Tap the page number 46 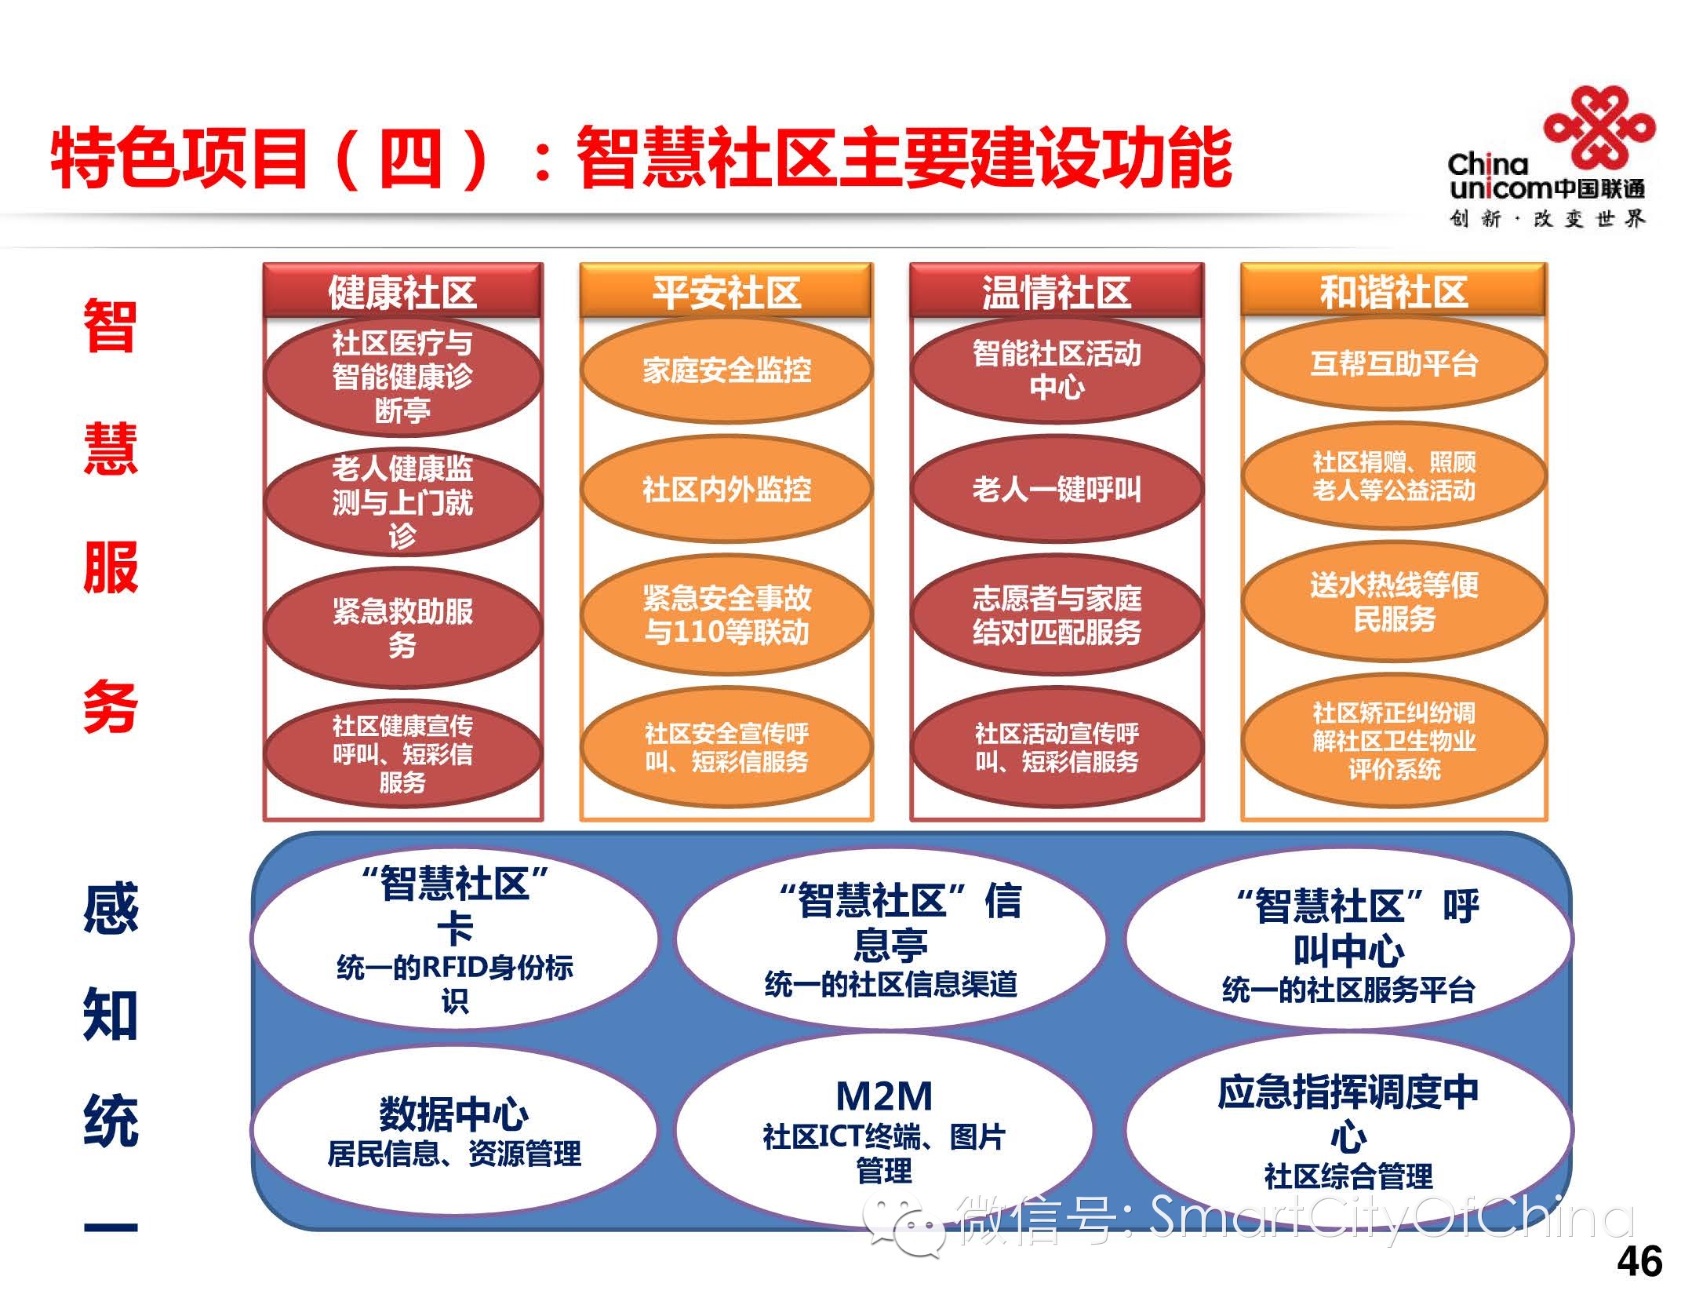pyautogui.click(x=1639, y=1262)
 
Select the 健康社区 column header pyautogui.click(x=402, y=292)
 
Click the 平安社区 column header pyautogui.click(x=726, y=292)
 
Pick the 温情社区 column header pyautogui.click(x=1056, y=292)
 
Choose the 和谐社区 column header pyautogui.click(x=1393, y=292)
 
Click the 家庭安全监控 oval pyautogui.click(x=726, y=370)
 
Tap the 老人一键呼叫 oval pyautogui.click(x=1057, y=490)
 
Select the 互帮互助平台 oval pyautogui.click(x=1393, y=363)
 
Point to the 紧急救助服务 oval pyautogui.click(x=402, y=627)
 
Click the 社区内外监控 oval pyautogui.click(x=726, y=490)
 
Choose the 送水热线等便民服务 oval pyautogui.click(x=1393, y=601)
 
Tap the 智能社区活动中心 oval pyautogui.click(x=1057, y=370)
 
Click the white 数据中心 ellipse pyautogui.click(x=453, y=1130)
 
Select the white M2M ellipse pyautogui.click(x=884, y=1130)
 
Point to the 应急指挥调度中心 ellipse pyautogui.click(x=1348, y=1130)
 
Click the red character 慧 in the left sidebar pyautogui.click(x=111, y=448)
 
